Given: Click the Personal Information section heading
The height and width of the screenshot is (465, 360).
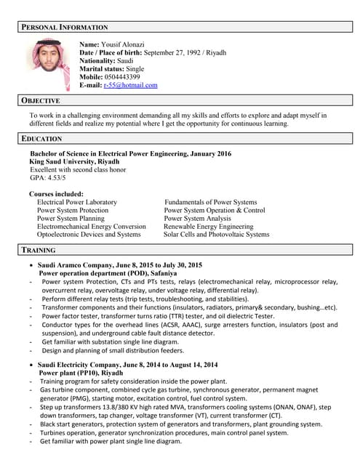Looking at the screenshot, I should pyautogui.click(x=64, y=27).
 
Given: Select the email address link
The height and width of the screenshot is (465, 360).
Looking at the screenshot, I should pyautogui.click(x=130, y=85).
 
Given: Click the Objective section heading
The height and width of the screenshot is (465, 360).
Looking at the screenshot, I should pyautogui.click(x=41, y=100).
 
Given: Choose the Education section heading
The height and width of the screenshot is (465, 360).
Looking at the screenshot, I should pyautogui.click(x=41, y=138).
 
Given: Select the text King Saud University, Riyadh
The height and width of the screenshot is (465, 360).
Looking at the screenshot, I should pyautogui.click(x=74, y=161).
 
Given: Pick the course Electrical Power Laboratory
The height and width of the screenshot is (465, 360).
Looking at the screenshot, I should pyautogui.click(x=76, y=202).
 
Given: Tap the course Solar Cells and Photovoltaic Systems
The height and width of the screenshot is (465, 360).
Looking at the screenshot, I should pyautogui.click(x=216, y=235).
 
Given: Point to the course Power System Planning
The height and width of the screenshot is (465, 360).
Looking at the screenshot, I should pyautogui.click(x=71, y=218).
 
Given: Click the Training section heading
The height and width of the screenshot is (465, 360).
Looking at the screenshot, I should pyautogui.click(x=39, y=250).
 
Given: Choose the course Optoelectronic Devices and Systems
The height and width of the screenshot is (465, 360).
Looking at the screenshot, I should pyautogui.click(x=88, y=235).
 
